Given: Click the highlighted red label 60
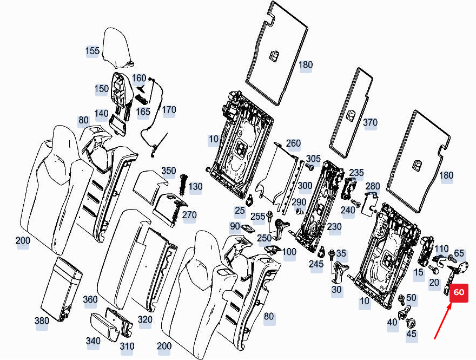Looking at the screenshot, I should click(x=458, y=292).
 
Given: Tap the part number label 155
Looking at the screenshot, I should click(x=92, y=51).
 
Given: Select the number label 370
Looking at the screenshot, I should click(x=370, y=123).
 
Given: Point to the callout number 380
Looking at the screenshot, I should click(x=42, y=321).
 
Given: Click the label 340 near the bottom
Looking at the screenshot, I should click(x=93, y=341).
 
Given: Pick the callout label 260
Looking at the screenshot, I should click(x=293, y=143).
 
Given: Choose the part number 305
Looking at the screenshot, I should click(x=313, y=158).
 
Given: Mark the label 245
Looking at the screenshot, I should click(x=316, y=264).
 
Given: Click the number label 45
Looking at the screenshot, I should click(x=412, y=335).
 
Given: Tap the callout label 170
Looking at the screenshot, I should click(x=169, y=110).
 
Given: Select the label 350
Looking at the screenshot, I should click(x=168, y=171).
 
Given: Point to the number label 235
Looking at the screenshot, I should click(x=356, y=172).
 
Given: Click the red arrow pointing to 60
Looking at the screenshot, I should click(x=442, y=323).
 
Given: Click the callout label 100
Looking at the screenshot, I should click(x=289, y=252).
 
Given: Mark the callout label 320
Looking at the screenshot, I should click(x=145, y=319).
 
